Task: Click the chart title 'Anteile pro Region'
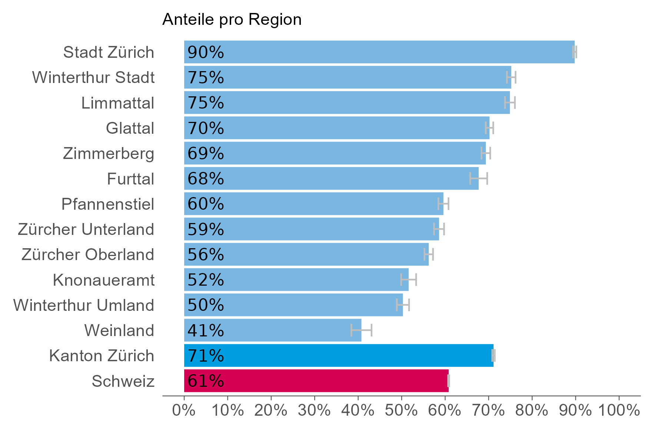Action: pos(232,20)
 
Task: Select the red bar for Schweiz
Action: pos(316,381)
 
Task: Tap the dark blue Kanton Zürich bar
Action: pos(338,355)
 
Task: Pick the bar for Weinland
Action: pos(272,330)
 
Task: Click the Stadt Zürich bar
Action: pos(379,52)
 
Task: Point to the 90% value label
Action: pos(206,52)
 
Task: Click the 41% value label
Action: pos(206,330)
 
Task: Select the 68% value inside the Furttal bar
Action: pos(206,179)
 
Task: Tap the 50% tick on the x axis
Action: pos(401,411)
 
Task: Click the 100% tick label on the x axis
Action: pos(619,411)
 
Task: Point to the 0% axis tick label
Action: pos(184,411)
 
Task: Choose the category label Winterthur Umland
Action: pos(84,305)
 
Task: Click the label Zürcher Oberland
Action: pos(88,255)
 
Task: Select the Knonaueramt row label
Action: pos(104,280)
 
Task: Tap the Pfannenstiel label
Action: pos(107,204)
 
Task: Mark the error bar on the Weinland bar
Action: pos(361,330)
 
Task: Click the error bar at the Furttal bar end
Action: pos(478,179)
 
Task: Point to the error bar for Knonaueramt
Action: pos(408,280)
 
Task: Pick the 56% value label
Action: pos(206,255)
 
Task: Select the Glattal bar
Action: pos(336,128)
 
